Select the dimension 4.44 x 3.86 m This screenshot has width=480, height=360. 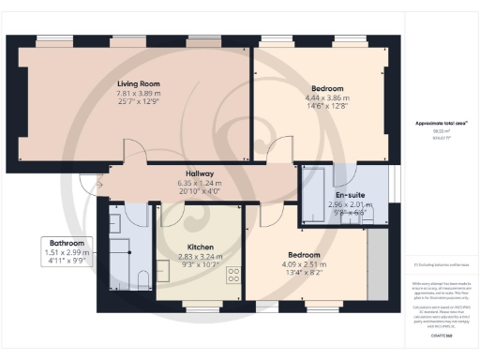(326, 97)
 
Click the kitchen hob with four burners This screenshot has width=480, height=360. (232, 276)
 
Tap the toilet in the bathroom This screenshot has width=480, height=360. (142, 277)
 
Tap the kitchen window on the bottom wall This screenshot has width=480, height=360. (199, 306)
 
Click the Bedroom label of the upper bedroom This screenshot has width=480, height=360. (326, 88)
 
